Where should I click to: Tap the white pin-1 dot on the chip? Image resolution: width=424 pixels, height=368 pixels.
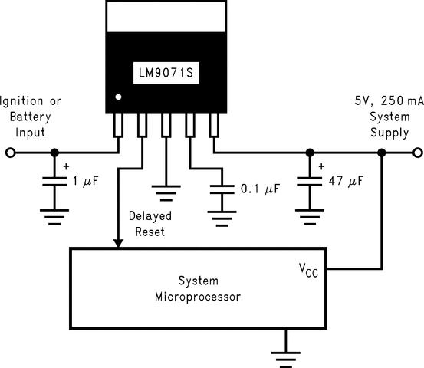[x=117, y=97]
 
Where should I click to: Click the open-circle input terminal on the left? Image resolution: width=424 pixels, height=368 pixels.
[x=10, y=153]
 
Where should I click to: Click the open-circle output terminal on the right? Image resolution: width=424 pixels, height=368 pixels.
[x=414, y=153]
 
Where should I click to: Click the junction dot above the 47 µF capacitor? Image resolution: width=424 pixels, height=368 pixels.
[x=310, y=153]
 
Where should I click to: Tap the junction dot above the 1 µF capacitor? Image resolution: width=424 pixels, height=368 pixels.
[x=53, y=153]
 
